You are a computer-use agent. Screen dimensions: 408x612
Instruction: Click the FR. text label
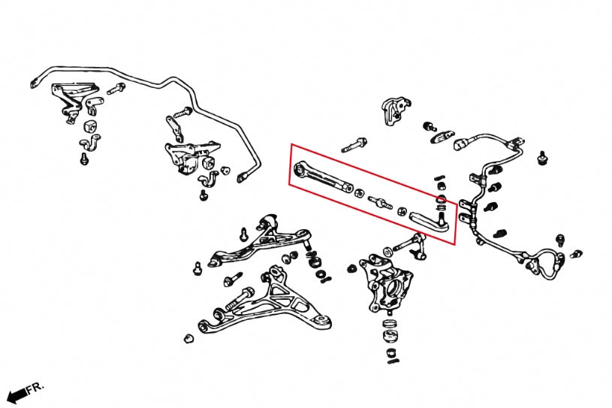(x=35, y=388)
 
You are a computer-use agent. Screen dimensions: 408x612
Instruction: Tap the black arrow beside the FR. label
(x=16, y=396)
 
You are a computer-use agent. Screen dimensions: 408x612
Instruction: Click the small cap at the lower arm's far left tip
(x=188, y=337)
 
